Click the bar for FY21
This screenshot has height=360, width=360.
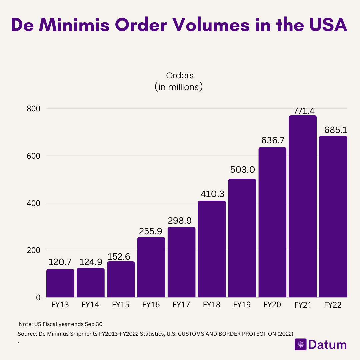pyautogui.click(x=303, y=207)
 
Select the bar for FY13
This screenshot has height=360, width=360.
pyautogui.click(x=60, y=283)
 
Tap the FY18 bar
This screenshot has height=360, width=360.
pyautogui.click(x=212, y=249)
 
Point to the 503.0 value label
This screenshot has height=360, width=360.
pyautogui.click(x=242, y=170)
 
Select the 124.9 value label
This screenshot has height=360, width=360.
pyautogui.click(x=91, y=262)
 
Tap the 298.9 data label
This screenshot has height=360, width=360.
pyautogui.click(x=181, y=220)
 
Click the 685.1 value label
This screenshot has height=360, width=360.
pyautogui.click(x=333, y=130)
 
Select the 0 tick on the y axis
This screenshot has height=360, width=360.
pyautogui.click(x=38, y=297)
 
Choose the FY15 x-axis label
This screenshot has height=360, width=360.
pyautogui.click(x=121, y=305)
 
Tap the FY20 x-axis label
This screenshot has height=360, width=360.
pyautogui.click(x=272, y=305)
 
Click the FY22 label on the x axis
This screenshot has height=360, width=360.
pyautogui.click(x=333, y=305)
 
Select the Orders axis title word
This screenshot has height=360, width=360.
pyautogui.click(x=180, y=75)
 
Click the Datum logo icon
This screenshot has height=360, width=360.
pyautogui.click(x=300, y=344)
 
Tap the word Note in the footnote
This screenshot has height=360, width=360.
pyautogui.click(x=24, y=324)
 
